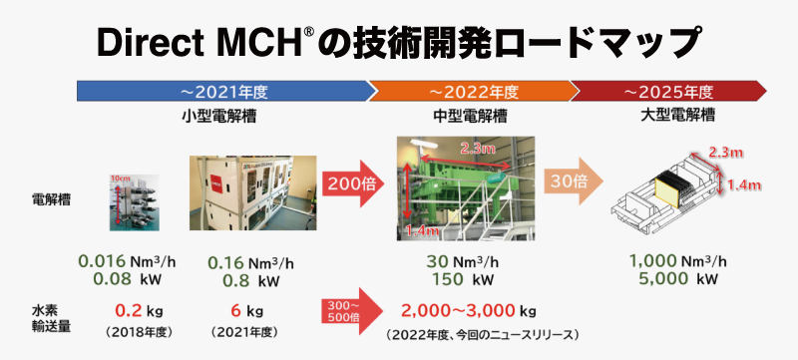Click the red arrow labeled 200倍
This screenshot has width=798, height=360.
[x=350, y=185]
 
